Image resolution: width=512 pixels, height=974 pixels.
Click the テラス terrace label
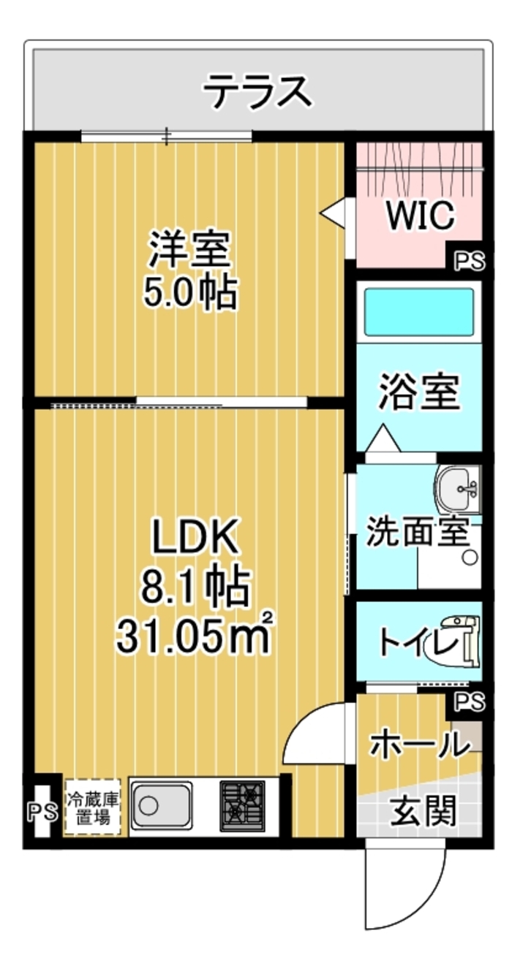click(258, 91)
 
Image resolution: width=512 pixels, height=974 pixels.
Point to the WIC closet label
click(420, 216)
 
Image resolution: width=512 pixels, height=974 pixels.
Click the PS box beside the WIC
click(470, 262)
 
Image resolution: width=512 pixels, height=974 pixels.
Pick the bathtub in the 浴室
click(419, 312)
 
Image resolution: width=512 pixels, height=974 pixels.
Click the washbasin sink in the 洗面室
click(458, 490)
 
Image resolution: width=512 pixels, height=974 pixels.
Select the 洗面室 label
click(418, 531)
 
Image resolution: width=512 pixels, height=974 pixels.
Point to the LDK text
click(195, 536)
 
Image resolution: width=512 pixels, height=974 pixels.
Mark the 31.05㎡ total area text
click(195, 638)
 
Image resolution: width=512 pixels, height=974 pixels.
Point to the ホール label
click(421, 744)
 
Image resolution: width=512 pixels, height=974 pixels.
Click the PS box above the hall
click(470, 701)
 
